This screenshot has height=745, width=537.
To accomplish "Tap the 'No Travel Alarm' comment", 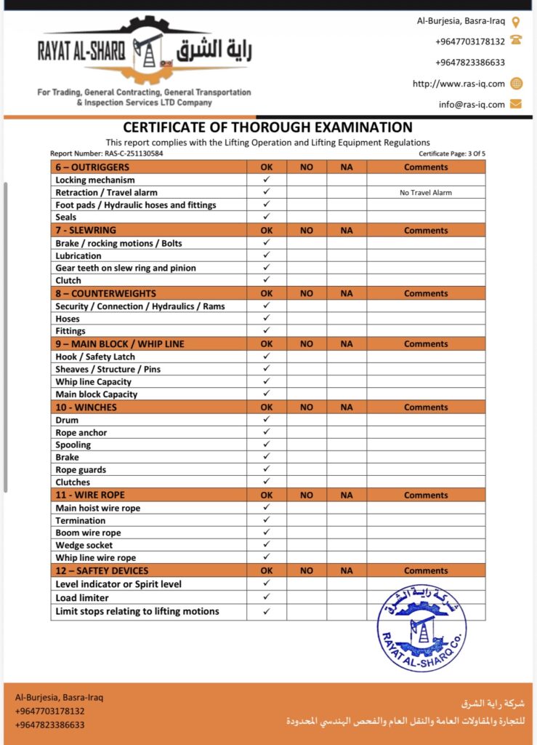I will (x=426, y=193).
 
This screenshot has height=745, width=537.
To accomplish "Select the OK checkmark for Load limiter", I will (x=267, y=597).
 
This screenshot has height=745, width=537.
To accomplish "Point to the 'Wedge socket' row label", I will (x=84, y=546).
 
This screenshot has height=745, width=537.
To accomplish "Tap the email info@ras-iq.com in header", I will (x=472, y=104).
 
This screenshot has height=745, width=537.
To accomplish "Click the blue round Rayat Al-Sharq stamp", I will (x=421, y=628).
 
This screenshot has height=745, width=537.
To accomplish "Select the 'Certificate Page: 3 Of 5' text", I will (x=452, y=154).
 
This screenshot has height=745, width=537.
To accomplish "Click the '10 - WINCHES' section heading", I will (x=86, y=407).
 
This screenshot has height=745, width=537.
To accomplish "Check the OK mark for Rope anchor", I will (x=267, y=432).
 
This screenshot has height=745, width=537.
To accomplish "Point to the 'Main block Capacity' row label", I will (x=97, y=394).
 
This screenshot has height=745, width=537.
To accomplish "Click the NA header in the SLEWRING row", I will (x=347, y=231).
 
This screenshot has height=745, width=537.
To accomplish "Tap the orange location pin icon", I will (x=516, y=22).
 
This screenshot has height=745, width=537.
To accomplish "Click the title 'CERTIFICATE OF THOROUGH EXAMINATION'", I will (x=267, y=127).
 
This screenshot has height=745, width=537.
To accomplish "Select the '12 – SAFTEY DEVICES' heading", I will (x=102, y=571).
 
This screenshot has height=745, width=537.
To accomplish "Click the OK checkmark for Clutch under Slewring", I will (x=267, y=280).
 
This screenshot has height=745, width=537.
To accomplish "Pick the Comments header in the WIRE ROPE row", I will (x=426, y=495).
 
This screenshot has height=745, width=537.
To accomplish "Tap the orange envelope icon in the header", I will (x=516, y=104).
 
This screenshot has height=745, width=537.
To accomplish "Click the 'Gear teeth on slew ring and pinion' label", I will (x=126, y=268).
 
